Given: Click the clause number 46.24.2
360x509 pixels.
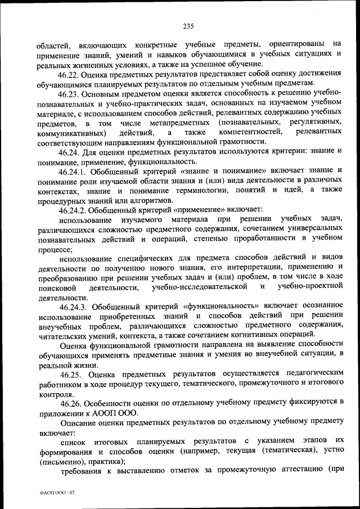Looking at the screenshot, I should (73, 210).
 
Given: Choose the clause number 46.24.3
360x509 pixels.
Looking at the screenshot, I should (73, 307).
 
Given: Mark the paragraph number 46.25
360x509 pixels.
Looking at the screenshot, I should (70, 375).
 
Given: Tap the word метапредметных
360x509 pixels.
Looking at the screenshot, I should (183, 123).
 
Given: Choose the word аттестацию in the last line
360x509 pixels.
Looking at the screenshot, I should (295, 471).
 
